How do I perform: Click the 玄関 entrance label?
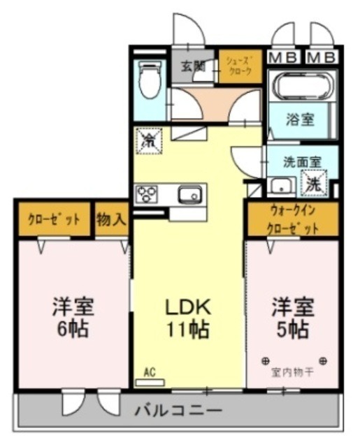pos(192,67)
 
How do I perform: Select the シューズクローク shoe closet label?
pos(240,66)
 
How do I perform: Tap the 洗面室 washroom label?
pos(302,161)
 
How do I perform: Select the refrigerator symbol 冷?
pos(149,140)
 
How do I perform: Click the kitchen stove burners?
pos(146,193)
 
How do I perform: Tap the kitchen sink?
pos(189,195)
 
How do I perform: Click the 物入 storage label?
pos(112,219)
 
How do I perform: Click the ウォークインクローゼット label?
pos(293,219)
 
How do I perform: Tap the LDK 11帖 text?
pos(187,318)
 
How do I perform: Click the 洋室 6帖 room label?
pos(73,318)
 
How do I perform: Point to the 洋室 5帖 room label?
pos(293,318)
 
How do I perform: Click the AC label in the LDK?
pos(149,373)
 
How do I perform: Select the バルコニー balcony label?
pos(178,410)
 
